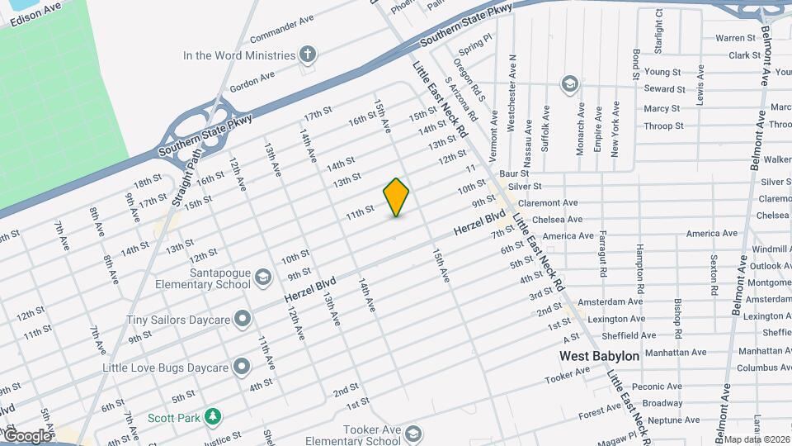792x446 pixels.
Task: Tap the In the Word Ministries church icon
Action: tap(308, 55)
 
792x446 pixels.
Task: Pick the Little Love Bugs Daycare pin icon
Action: tap(241, 365)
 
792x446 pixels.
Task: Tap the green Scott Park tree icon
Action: tap(214, 418)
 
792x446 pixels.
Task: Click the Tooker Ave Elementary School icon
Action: tap(412, 434)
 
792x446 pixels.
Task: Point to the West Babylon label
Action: tap(599, 356)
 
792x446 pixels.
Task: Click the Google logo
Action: tap(27, 435)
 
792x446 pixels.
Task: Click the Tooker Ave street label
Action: tap(567, 376)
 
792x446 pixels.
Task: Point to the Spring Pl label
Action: tap(477, 38)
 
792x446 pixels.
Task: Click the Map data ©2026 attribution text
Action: tap(757, 439)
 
